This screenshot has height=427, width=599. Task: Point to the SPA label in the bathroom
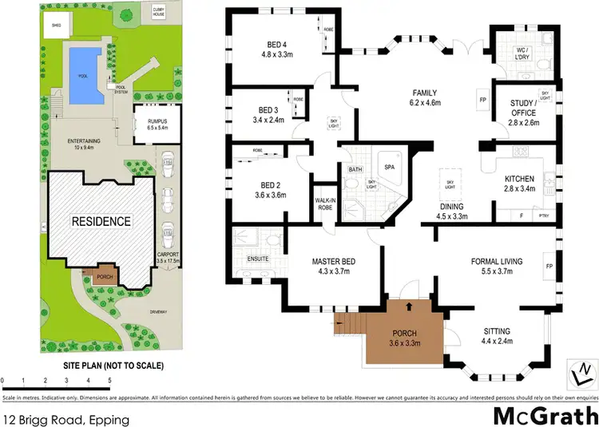coord(390,168)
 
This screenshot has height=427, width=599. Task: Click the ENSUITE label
coord(256,259)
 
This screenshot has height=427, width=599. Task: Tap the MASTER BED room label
coord(332,263)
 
